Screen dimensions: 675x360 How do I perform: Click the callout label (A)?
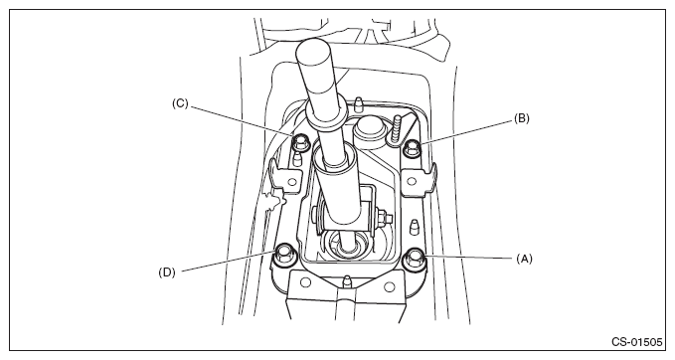[524, 259]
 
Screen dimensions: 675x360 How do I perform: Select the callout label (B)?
[522, 118]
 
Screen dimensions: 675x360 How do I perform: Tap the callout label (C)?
[180, 103]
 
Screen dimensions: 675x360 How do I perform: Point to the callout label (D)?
[167, 272]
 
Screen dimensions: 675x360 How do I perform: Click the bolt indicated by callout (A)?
[414, 258]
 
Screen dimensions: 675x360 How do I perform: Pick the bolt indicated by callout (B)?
[413, 149]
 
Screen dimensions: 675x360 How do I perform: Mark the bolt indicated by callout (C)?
[300, 141]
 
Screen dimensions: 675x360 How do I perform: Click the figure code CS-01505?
[636, 342]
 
